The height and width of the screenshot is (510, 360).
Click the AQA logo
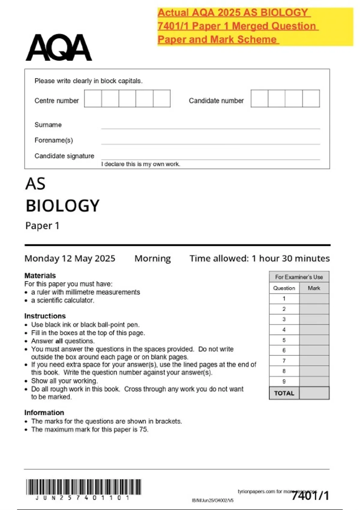(59, 47)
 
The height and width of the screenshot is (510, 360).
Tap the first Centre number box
(93, 98)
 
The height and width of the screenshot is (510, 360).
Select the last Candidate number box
(311, 98)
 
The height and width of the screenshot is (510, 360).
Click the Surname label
(48, 125)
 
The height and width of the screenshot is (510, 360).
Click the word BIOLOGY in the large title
(62, 206)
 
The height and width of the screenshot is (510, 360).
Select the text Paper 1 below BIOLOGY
(42, 226)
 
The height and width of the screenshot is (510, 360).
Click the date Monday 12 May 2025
(70, 258)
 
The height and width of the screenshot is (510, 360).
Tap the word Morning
(152, 258)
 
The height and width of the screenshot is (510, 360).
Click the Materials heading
(40, 275)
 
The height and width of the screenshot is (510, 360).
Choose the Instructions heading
(45, 316)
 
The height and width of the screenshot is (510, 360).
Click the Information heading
(44, 412)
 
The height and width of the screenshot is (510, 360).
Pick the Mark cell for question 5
(314, 340)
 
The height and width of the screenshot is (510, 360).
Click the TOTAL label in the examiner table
(284, 393)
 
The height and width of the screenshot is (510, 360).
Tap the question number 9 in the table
(284, 381)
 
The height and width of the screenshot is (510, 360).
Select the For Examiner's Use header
(299, 277)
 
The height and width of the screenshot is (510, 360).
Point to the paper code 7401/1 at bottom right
(310, 496)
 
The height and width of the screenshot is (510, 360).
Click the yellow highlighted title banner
(255, 26)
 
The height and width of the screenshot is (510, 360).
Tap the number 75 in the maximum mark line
(143, 429)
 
